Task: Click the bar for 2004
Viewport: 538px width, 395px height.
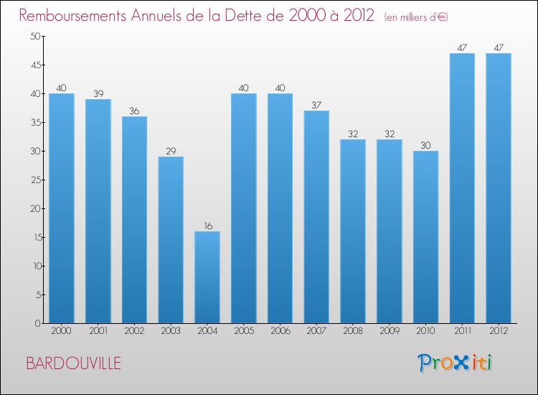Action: pos(207,277)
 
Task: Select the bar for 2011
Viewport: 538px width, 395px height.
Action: pos(462,188)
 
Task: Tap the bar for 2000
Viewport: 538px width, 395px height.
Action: pos(62,208)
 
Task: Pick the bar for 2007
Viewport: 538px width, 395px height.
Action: pos(316,217)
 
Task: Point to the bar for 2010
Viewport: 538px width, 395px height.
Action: pos(425,237)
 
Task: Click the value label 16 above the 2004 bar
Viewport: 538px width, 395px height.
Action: pos(207,226)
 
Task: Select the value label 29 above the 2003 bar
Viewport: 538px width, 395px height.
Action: pos(171,151)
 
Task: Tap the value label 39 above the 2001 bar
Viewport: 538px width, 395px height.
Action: pos(98,93)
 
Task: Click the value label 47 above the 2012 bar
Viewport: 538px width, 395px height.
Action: pos(499,47)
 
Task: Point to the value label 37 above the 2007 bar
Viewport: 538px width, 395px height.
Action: pos(316,105)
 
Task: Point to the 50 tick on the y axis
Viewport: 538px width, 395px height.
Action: pos(34,36)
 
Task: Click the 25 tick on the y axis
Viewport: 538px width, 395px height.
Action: pos(34,180)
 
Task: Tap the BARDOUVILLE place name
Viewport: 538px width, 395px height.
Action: pos(73,363)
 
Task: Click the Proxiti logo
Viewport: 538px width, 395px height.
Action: pos(455,363)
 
